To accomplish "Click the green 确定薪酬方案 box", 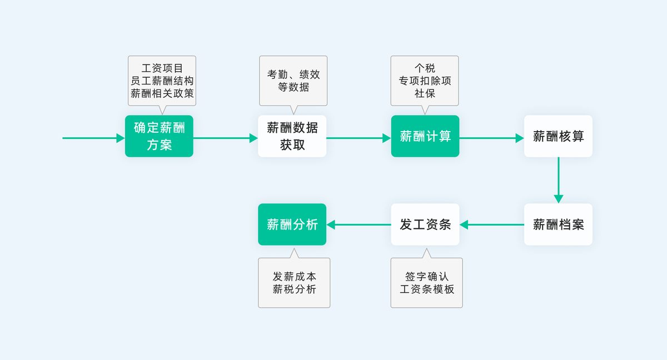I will pyautogui.click(x=159, y=136).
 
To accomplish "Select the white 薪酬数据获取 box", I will pyautogui.click(x=292, y=136).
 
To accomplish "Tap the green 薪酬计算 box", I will pyautogui.click(x=425, y=136).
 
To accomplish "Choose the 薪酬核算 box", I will pyautogui.click(x=558, y=136).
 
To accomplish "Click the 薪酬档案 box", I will pyautogui.click(x=558, y=224).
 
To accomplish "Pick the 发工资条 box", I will pyautogui.click(x=425, y=224).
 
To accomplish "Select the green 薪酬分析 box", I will pyautogui.click(x=292, y=224).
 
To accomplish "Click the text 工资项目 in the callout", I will pyautogui.click(x=162, y=68).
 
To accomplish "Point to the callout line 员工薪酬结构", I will pyautogui.click(x=162, y=81).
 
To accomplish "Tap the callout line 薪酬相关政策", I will pyautogui.click(x=162, y=93).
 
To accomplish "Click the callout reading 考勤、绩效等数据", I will pyautogui.click(x=293, y=81).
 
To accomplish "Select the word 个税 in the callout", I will pyautogui.click(x=425, y=68).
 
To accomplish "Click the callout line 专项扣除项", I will pyautogui.click(x=425, y=81).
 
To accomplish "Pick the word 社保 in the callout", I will pyautogui.click(x=425, y=93).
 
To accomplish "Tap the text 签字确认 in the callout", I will pyautogui.click(x=427, y=277).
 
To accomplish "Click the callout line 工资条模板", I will pyautogui.click(x=427, y=289).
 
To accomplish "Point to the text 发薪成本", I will pyautogui.click(x=294, y=277).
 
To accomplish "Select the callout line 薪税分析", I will pyautogui.click(x=294, y=289).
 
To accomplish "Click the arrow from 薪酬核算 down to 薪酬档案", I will pyautogui.click(x=558, y=179).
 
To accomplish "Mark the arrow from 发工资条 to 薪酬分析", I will pyautogui.click(x=359, y=224).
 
